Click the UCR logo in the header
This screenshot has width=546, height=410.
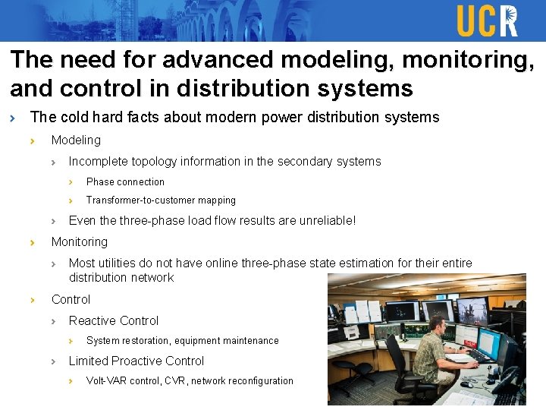487,20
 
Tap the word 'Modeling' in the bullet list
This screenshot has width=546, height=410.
76,140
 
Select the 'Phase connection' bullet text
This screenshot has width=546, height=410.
125,182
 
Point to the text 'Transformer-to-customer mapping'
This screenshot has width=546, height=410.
161,200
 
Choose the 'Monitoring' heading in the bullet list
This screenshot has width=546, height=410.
79,242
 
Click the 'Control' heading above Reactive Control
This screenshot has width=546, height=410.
71,300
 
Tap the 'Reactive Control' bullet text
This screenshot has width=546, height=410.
114,321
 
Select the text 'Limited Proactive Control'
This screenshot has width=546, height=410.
136,361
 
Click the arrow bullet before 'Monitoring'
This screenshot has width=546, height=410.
33,242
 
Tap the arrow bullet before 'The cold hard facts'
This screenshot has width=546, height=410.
12,118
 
